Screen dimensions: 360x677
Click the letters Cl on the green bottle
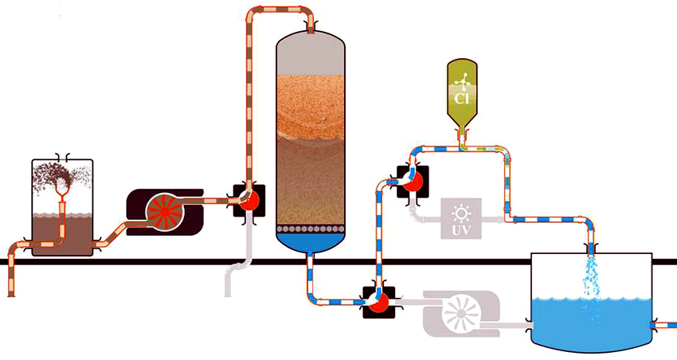(x=460, y=99)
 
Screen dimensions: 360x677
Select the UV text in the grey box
(x=460, y=229)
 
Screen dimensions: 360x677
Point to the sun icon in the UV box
(x=460, y=213)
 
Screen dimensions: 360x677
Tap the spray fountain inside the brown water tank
(x=61, y=179)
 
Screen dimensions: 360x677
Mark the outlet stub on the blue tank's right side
(x=664, y=324)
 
